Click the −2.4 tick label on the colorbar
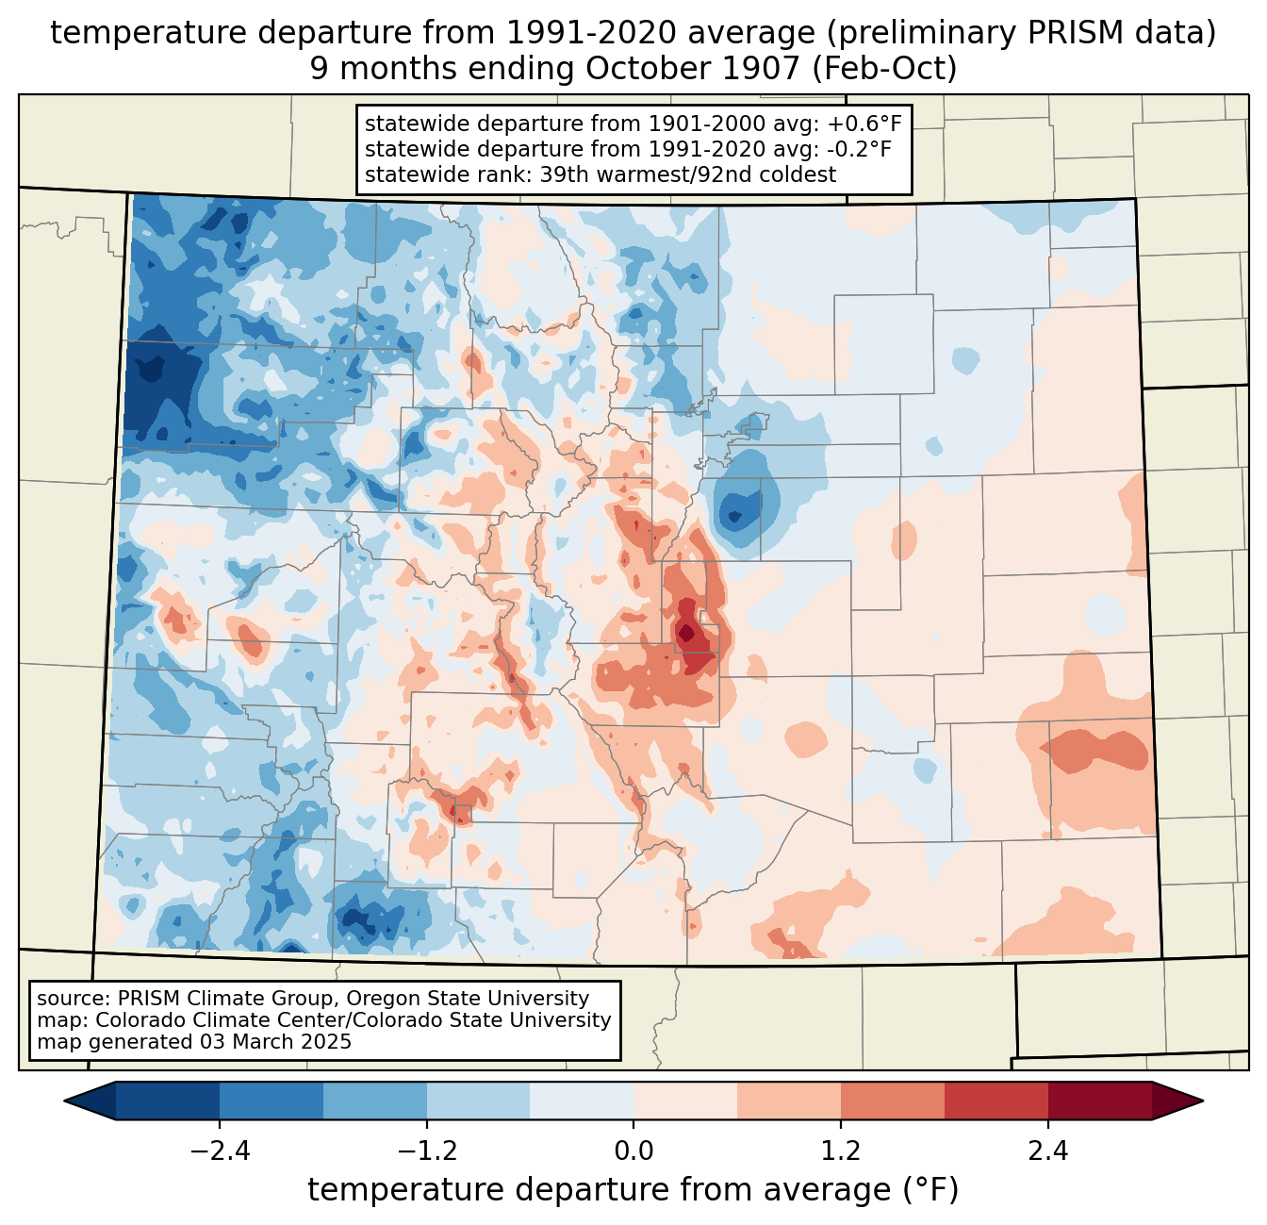tap(219, 1151)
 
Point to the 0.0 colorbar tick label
tap(633, 1151)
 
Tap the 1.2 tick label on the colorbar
tap(840, 1151)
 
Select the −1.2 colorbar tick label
tap(426, 1151)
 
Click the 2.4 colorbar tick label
tap(1047, 1151)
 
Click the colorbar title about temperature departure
tap(633, 1190)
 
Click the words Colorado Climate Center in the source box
tap(199, 1020)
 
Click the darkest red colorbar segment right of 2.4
tap(1099, 1101)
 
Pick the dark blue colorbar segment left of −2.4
tap(168, 1101)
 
